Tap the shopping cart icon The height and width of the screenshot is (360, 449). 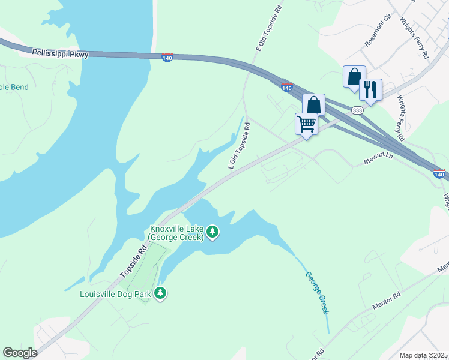pyautogui.click(x=306, y=124)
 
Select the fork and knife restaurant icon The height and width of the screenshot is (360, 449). pyautogui.click(x=370, y=90)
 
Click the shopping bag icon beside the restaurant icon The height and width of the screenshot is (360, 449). pyautogui.click(x=354, y=77)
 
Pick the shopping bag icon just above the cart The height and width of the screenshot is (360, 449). pyautogui.click(x=313, y=104)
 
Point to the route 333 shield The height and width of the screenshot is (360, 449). pyautogui.click(x=357, y=110)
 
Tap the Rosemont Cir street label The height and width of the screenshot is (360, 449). pyautogui.click(x=378, y=34)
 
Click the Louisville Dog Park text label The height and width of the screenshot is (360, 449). pyautogui.click(x=116, y=293)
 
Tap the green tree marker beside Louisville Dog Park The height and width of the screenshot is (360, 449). pyautogui.click(x=160, y=293)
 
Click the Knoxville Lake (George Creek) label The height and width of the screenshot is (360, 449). pyautogui.click(x=176, y=232)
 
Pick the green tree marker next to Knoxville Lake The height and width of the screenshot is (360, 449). pyautogui.click(x=212, y=232)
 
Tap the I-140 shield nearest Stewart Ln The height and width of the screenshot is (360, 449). pyautogui.click(x=440, y=174)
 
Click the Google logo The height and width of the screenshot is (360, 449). pyautogui.click(x=20, y=353)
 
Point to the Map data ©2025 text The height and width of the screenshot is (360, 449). pyautogui.click(x=423, y=355)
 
